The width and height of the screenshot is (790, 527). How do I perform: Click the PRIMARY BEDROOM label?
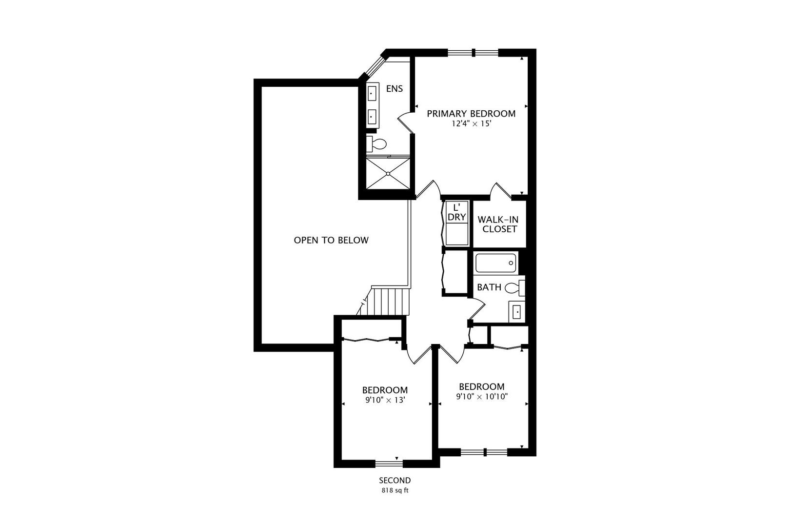[471, 114]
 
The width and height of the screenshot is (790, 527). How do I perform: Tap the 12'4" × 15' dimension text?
[471, 124]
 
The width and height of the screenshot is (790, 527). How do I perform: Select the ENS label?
[395, 89]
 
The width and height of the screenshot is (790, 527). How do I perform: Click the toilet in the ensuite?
[378, 144]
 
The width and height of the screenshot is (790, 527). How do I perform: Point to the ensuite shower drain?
[388, 173]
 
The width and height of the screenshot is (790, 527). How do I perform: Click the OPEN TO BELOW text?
[331, 240]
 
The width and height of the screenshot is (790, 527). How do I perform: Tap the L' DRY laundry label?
[457, 213]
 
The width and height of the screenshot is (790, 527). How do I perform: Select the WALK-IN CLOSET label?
[498, 224]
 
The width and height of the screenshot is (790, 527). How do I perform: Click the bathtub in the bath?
[496, 263]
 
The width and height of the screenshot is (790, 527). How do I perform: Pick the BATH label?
[489, 287]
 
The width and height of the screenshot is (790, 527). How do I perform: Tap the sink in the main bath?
[517, 311]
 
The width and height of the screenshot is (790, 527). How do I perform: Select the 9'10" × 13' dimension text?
[385, 400]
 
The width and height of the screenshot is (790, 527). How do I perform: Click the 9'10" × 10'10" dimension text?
[482, 397]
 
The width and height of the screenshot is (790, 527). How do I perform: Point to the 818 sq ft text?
[395, 490]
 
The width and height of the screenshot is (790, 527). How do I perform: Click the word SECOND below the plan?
[395, 481]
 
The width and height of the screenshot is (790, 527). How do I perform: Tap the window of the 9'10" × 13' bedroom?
[389, 464]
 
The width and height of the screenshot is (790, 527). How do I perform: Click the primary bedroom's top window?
[473, 52]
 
